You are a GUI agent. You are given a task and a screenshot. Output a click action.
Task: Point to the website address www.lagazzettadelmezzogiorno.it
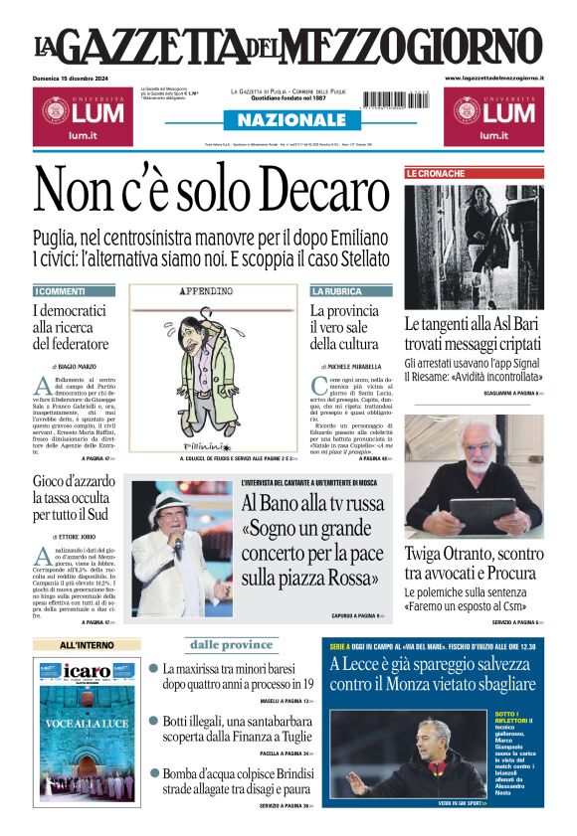pyautogui.click(x=494, y=78)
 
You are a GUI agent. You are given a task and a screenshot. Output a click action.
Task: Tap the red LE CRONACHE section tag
pyautogui.click(x=435, y=174)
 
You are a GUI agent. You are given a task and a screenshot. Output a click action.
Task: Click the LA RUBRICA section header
pyautogui.click(x=337, y=291)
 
